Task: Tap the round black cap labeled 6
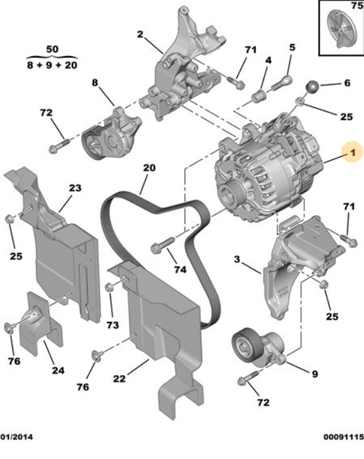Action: [x=311, y=87]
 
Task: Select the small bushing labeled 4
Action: [x=260, y=94]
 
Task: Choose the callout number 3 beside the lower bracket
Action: [x=236, y=260]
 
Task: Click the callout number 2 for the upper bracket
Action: [x=139, y=34]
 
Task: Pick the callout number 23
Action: [x=74, y=187]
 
